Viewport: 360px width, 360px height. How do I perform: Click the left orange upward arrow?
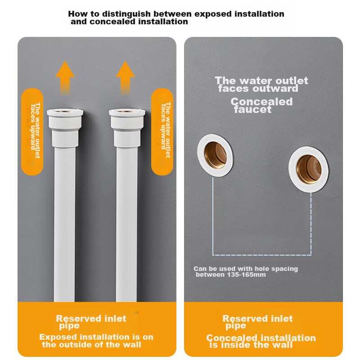[x=65, y=77]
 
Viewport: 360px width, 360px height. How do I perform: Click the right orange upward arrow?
[x=125, y=77]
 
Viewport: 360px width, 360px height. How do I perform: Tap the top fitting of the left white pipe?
[x=65, y=128]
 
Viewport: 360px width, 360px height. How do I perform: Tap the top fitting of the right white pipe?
[x=127, y=128]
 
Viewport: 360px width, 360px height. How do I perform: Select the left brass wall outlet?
[x=215, y=155]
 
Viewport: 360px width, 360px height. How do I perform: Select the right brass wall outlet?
[x=308, y=170]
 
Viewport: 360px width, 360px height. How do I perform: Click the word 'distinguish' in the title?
[x=127, y=14]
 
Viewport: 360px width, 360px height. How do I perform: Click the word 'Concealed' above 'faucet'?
[x=261, y=102]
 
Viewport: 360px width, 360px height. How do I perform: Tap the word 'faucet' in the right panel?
[x=252, y=109]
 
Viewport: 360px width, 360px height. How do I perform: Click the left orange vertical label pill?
[x=32, y=132]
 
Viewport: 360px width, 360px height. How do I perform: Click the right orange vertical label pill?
[x=162, y=132]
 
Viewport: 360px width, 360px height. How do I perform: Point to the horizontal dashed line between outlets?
[x=262, y=255]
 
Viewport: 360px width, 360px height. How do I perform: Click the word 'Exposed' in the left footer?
[x=58, y=337]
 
